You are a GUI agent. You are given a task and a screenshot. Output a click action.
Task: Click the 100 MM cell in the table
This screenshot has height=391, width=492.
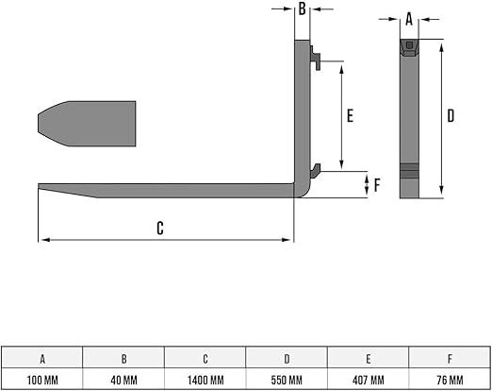click(42, 380)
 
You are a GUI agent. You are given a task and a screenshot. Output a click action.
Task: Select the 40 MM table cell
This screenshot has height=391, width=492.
click(123, 380)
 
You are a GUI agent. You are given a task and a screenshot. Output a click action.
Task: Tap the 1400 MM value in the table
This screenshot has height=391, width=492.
click(205, 380)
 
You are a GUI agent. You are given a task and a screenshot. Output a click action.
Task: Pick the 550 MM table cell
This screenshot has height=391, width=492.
click(287, 380)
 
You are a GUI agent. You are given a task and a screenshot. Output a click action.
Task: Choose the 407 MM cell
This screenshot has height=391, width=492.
click(369, 380)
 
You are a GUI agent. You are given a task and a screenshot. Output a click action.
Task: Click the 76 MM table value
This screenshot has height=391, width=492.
click(450, 380)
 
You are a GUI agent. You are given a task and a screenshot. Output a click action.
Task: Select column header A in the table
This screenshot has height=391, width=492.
click(42, 359)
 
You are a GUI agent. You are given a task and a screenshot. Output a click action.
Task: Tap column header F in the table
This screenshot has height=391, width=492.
click(450, 359)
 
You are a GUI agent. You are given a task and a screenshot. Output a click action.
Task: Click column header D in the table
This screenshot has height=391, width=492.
click(287, 359)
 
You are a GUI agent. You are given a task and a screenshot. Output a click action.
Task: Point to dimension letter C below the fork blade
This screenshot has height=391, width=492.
click(160, 228)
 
